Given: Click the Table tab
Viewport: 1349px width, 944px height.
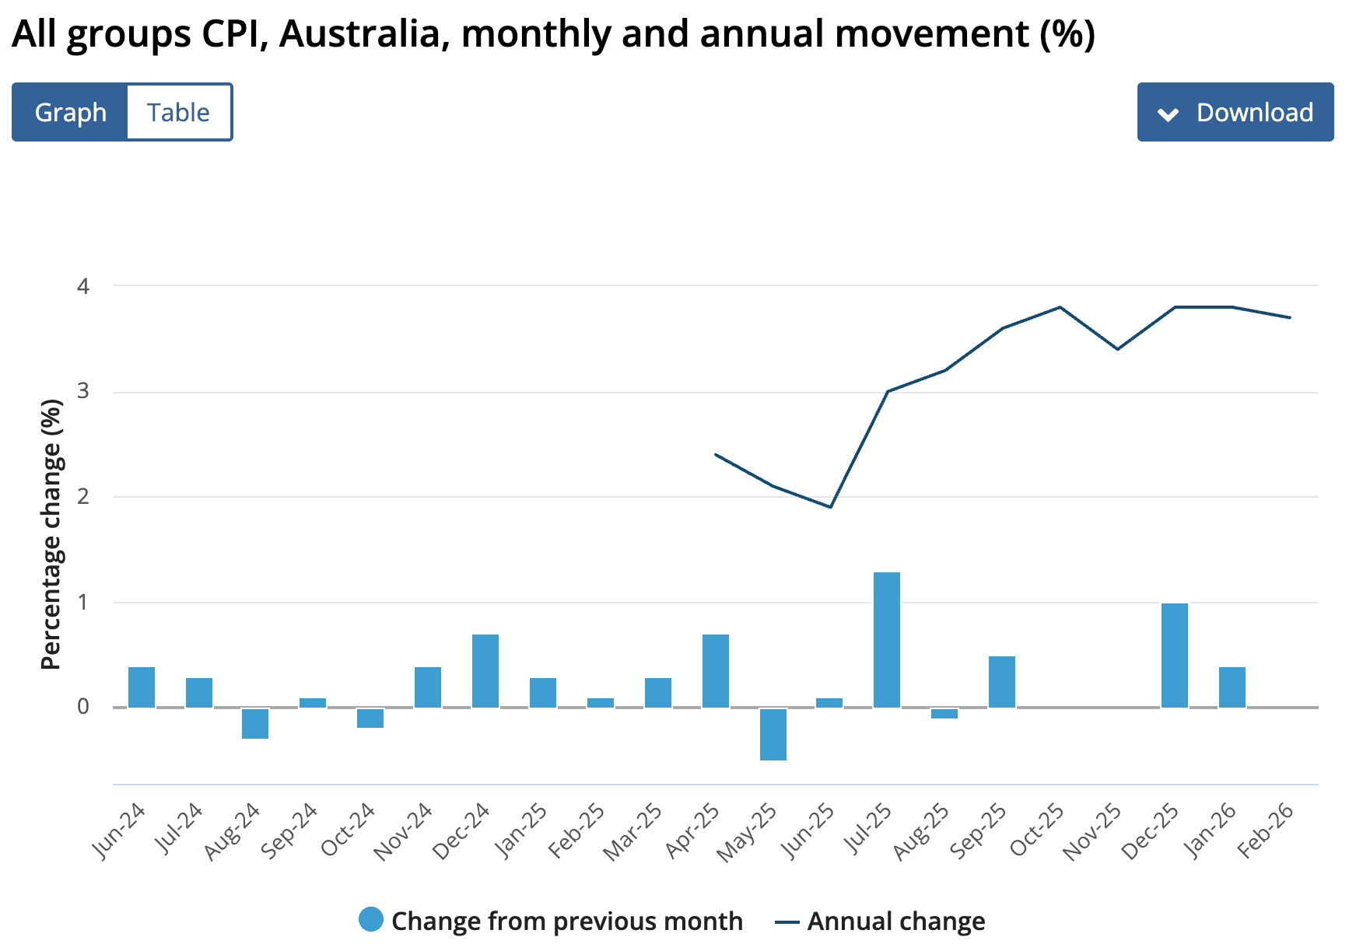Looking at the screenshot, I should click(179, 112).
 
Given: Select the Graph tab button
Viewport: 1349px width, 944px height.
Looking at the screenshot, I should click(70, 112).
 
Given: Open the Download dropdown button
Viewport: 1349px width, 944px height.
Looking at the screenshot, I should click(1235, 112).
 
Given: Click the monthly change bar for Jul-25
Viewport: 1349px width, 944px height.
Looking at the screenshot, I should click(887, 639).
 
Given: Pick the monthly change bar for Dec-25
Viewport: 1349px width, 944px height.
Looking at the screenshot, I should click(1175, 655).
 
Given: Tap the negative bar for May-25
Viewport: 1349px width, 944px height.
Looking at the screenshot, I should click(773, 734).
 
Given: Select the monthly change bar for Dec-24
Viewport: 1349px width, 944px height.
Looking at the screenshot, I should click(485, 670).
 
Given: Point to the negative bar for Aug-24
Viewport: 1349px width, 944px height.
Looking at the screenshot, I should click(255, 723).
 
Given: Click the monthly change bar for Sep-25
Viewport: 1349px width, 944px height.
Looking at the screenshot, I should click(1002, 681).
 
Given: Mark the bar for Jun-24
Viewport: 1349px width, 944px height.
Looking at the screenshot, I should click(142, 687).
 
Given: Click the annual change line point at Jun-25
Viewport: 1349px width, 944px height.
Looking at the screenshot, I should click(831, 507).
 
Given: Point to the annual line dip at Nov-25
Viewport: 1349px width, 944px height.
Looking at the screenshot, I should click(1118, 349).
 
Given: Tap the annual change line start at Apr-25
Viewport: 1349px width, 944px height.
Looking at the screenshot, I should click(716, 454).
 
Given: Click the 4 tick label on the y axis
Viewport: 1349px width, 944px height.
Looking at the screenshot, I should click(83, 286).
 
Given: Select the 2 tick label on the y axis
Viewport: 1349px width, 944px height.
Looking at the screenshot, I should click(83, 496).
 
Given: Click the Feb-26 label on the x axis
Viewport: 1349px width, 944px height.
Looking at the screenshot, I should click(1267, 830).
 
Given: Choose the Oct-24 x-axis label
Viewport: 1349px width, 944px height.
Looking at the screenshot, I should click(349, 830).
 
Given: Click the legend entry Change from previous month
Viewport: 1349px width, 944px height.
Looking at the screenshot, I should click(552, 921).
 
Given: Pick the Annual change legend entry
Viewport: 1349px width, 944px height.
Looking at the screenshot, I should click(881, 921).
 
